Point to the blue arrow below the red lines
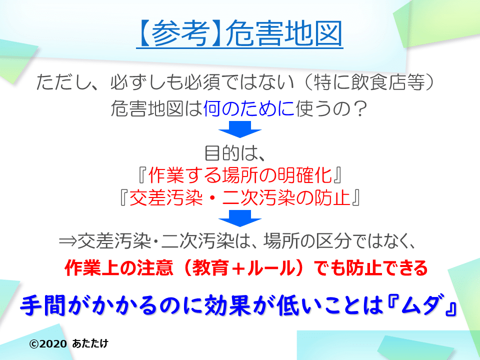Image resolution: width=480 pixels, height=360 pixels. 240,218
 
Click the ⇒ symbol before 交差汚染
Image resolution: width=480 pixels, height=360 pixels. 68,242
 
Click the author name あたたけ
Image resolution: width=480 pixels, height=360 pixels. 90,344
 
